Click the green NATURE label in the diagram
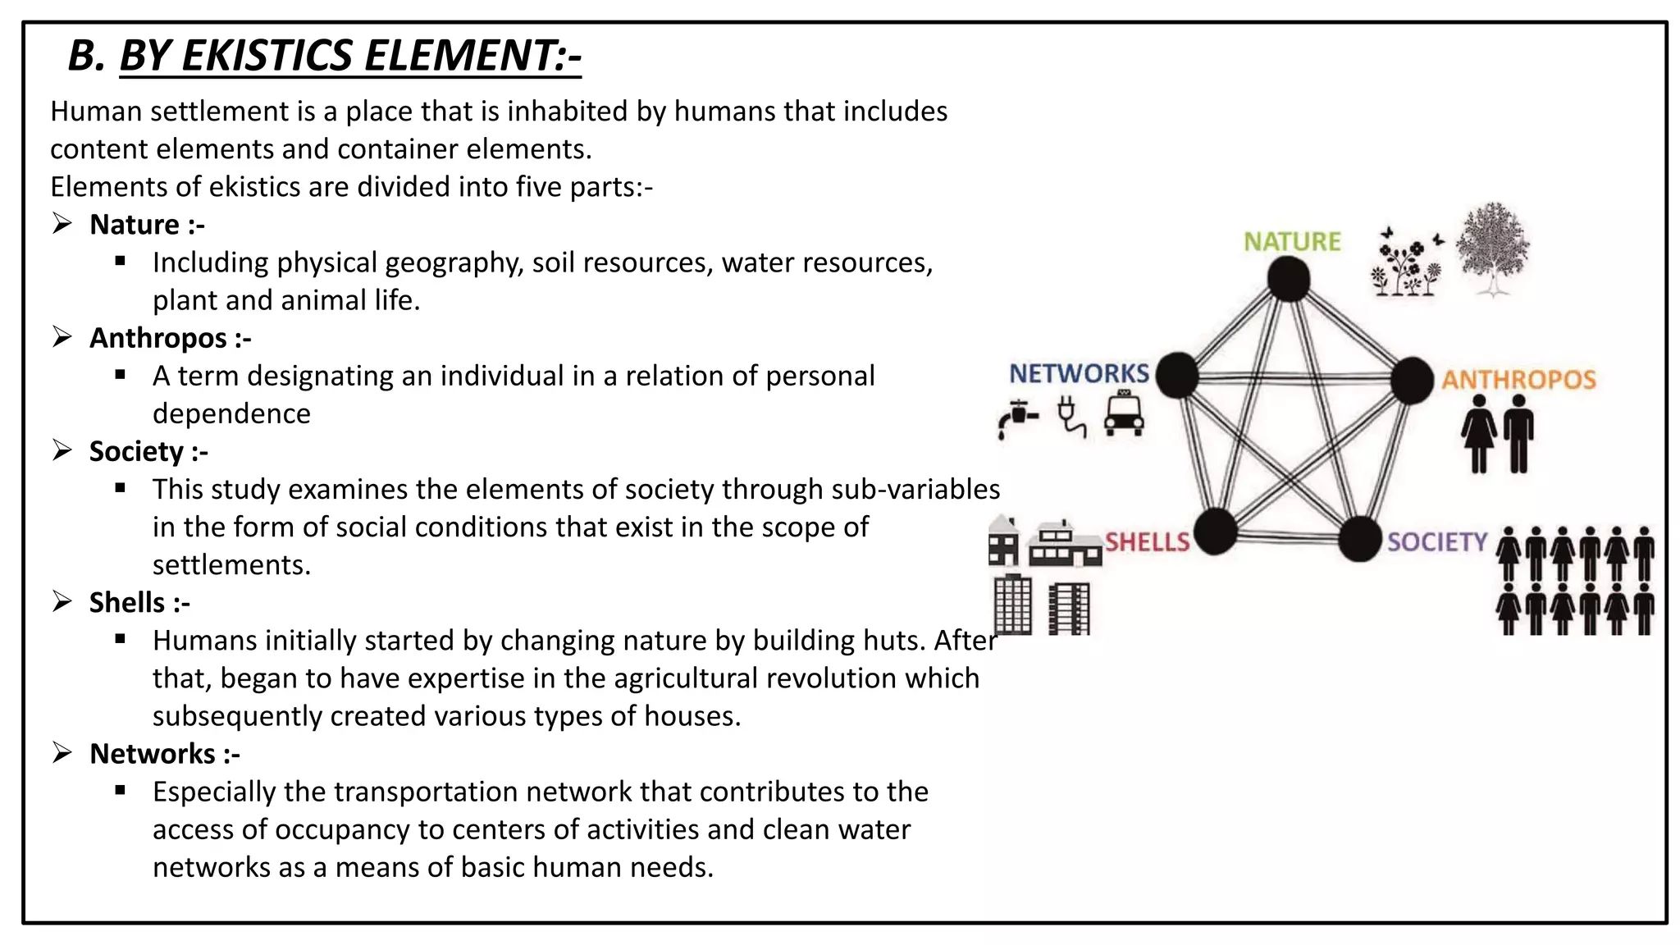click(1292, 241)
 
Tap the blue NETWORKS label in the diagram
click(1079, 373)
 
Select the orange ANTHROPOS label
click(1519, 379)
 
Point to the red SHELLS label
click(1147, 541)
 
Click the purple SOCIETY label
click(1437, 541)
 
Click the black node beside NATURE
click(1289, 280)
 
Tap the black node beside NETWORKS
click(1178, 376)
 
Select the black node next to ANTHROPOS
click(1412, 380)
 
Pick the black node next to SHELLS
click(1215, 532)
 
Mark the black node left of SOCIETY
click(1359, 539)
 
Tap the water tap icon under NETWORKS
click(1018, 418)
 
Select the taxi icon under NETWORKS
click(1124, 413)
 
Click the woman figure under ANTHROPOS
click(1479, 434)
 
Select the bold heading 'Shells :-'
click(139, 602)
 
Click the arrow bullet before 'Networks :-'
click(62, 753)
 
